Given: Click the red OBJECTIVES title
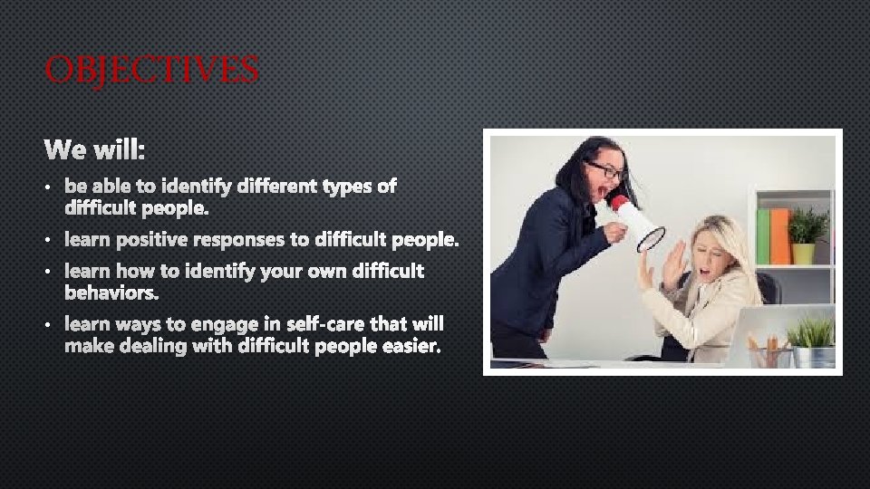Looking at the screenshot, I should click(151, 69).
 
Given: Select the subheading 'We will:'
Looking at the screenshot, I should click(101, 147).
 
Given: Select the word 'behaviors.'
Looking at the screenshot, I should click(111, 293).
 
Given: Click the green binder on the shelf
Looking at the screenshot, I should click(763, 235).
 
